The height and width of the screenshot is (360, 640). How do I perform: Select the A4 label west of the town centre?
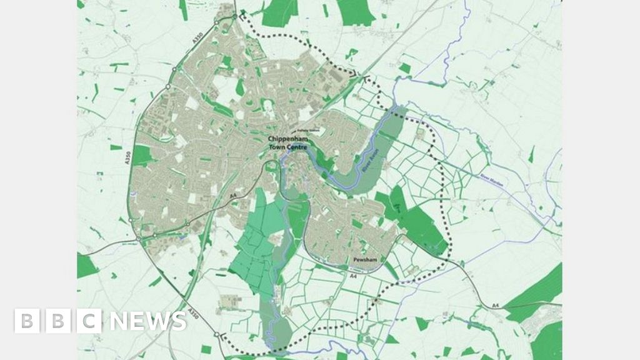pyautogui.click(x=234, y=197)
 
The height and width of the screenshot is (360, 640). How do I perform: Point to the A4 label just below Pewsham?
pyautogui.click(x=353, y=275)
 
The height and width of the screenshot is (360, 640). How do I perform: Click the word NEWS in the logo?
pyautogui.click(x=147, y=321)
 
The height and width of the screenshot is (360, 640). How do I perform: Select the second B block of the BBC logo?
pyautogui.click(x=57, y=321)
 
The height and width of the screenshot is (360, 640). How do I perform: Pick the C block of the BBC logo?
pyautogui.click(x=90, y=321)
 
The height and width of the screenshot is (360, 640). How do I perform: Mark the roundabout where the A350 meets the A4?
pyautogui.click(x=137, y=238)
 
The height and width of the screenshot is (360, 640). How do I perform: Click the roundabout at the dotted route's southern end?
pyautogui.click(x=217, y=335)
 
